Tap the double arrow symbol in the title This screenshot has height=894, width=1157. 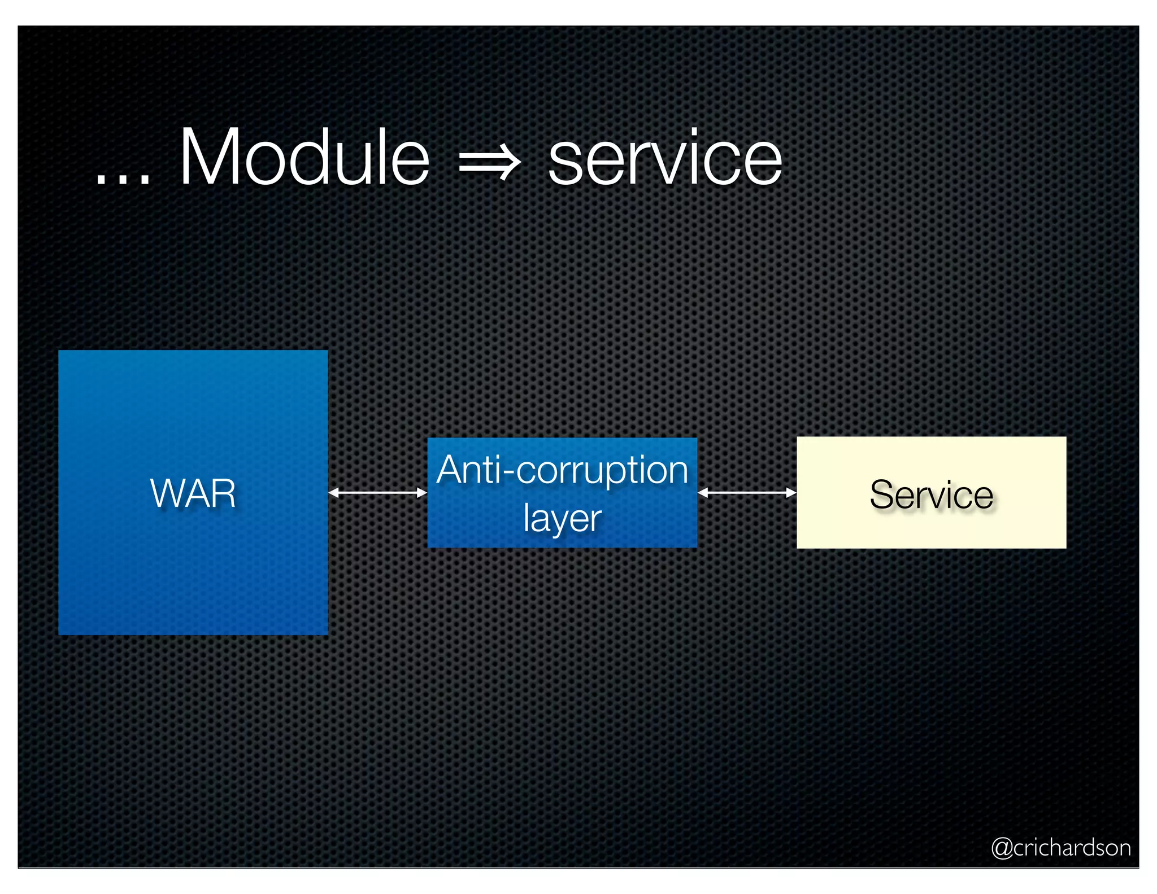pos(489,164)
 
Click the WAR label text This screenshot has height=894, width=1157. pos(193,493)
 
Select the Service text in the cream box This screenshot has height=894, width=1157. pos(931,494)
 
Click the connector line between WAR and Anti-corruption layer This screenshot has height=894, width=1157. pos(377,493)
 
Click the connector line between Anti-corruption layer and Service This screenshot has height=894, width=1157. pos(747,493)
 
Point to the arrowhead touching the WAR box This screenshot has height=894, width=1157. pos(333,493)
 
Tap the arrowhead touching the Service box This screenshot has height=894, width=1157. pos(791,493)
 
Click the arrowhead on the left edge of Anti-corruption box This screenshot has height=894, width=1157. pos(422,493)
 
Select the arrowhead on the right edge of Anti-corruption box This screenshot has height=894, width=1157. pos(703,493)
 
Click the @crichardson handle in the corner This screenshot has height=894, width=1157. pos(1061,848)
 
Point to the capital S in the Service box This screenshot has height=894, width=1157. pos(883,494)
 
